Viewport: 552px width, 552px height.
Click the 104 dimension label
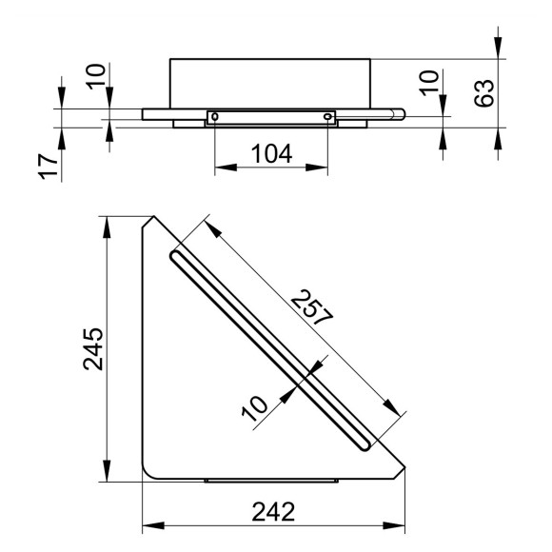tap(271, 154)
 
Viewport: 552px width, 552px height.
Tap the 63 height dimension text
tap(484, 93)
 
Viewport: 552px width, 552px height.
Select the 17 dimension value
tap(49, 167)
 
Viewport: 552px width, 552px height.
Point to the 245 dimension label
tap(93, 349)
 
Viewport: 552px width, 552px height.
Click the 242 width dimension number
tap(273, 512)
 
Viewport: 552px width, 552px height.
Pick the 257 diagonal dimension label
tap(311, 307)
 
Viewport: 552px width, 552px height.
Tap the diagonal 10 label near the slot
tap(255, 408)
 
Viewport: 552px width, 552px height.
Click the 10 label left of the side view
tap(96, 77)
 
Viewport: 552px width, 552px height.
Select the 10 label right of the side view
tap(429, 83)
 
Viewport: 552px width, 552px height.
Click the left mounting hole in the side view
tap(215, 116)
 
